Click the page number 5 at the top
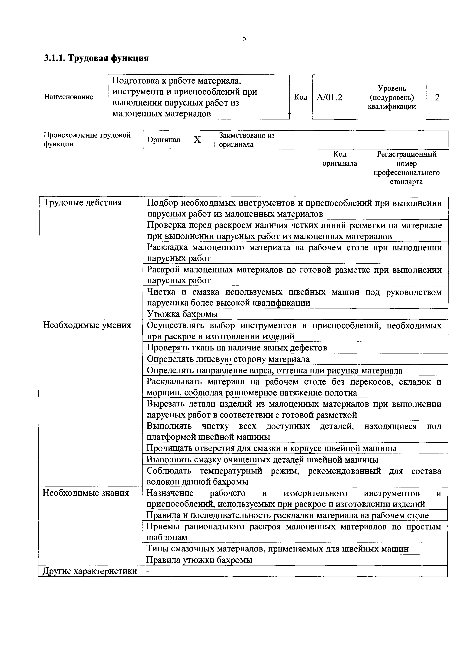click(244, 39)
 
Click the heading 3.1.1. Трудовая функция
click(96, 58)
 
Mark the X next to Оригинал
click(197, 140)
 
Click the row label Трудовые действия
click(83, 203)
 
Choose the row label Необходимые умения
click(87, 325)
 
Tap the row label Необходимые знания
click(86, 493)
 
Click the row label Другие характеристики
click(90, 571)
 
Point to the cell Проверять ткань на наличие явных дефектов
click(237, 348)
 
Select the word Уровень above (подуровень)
click(392, 88)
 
